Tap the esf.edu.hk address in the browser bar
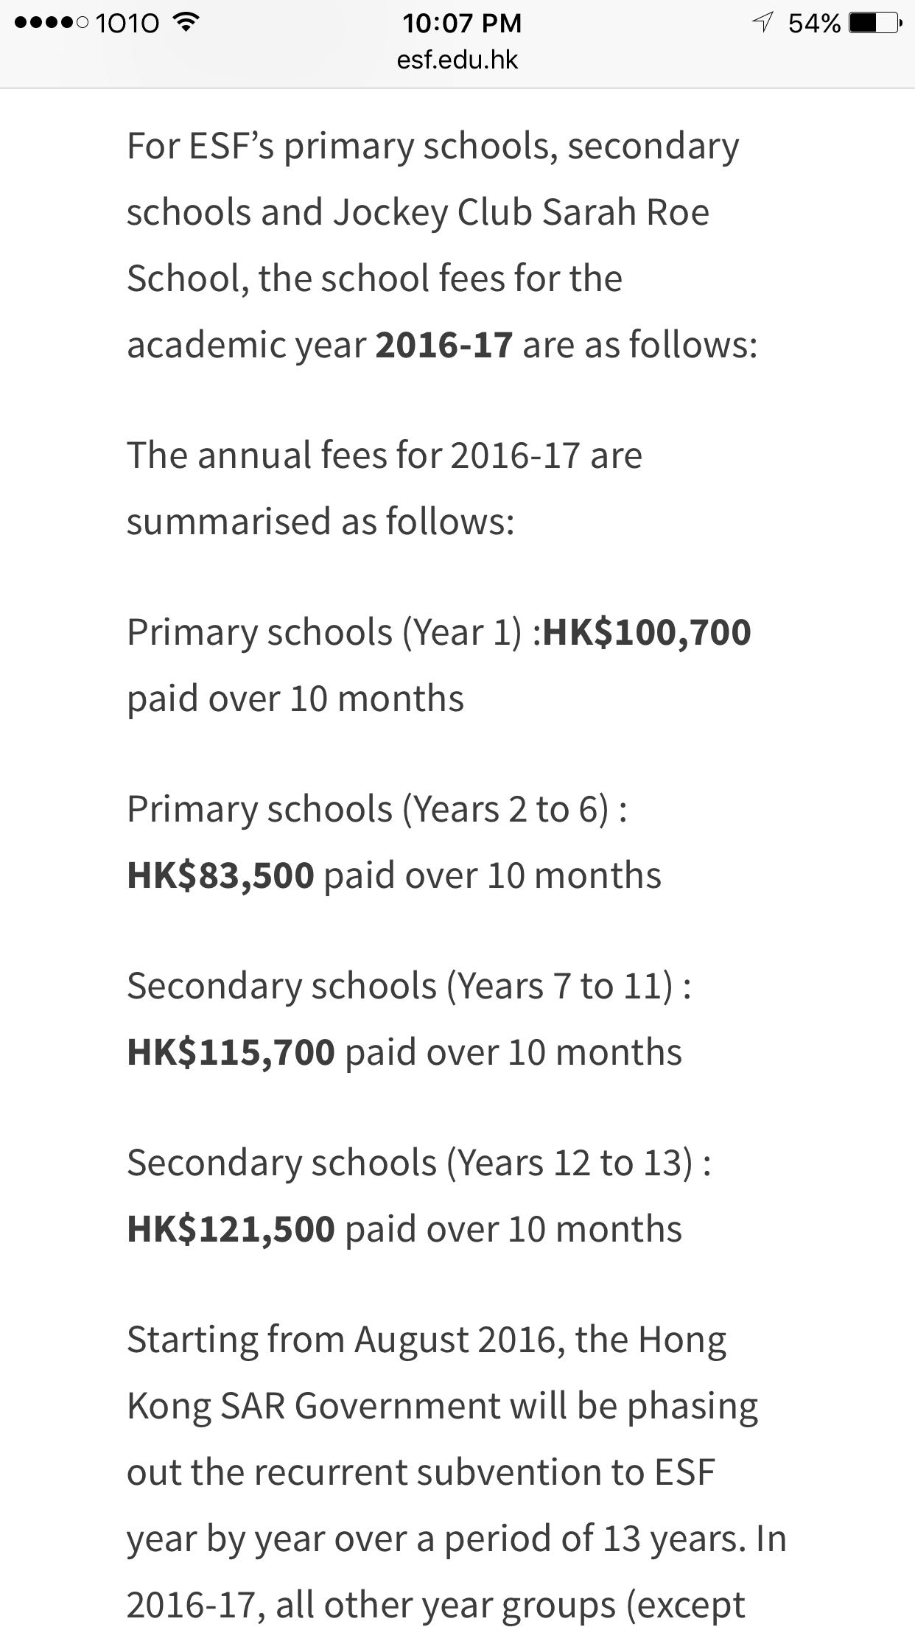coord(458,60)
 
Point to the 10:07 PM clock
coord(462,24)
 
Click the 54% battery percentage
coord(814,24)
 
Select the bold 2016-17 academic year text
coord(444,345)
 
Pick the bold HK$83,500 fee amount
coord(220,875)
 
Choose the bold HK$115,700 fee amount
coord(231,1052)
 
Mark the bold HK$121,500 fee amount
coord(231,1229)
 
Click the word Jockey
coord(390,213)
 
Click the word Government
coord(397,1406)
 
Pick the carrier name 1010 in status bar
coord(127,24)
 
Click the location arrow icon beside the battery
coord(762,23)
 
